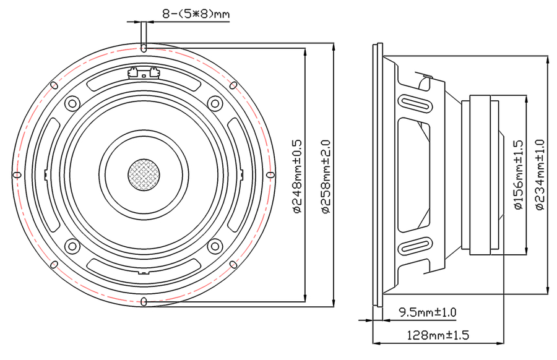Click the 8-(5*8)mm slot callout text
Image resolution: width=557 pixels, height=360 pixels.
click(x=196, y=14)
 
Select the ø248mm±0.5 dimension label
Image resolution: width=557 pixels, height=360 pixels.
click(x=297, y=176)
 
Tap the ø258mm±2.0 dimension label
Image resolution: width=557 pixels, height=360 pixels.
click(x=326, y=176)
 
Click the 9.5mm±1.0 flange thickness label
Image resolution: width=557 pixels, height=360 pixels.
click(x=427, y=312)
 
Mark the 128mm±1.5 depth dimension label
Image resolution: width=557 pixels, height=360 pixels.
click(x=438, y=335)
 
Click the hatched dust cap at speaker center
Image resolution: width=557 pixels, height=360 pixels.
click(x=144, y=174)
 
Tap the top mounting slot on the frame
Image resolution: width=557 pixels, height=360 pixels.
click(x=143, y=48)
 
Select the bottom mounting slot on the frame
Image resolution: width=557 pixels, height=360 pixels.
click(x=144, y=302)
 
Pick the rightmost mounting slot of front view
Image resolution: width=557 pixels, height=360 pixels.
click(x=270, y=174)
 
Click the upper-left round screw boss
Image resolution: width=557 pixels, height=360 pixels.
click(x=72, y=104)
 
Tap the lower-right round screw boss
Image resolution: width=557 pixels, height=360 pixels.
click(x=215, y=246)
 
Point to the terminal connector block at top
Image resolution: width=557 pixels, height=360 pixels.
click(x=143, y=72)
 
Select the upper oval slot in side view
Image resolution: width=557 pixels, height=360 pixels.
click(x=416, y=104)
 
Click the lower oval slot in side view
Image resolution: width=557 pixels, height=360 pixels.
click(x=416, y=246)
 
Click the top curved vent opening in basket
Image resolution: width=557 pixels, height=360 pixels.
click(x=143, y=84)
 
